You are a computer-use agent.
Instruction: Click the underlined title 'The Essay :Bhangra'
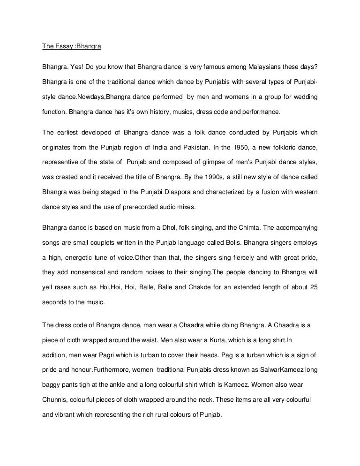(66, 47)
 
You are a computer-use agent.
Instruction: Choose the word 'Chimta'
(240, 228)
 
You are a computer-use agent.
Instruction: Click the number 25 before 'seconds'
(314, 288)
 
